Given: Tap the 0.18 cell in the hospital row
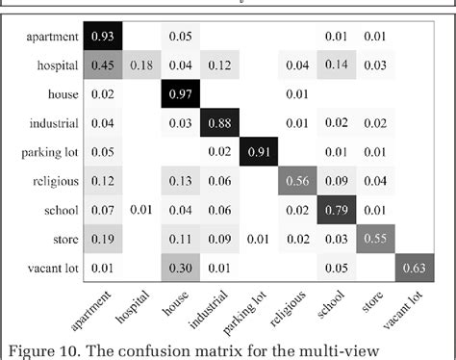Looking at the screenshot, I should [x=139, y=65].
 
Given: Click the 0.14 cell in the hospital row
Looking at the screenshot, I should [x=335, y=65].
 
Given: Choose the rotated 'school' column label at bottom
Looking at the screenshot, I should [x=330, y=298].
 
